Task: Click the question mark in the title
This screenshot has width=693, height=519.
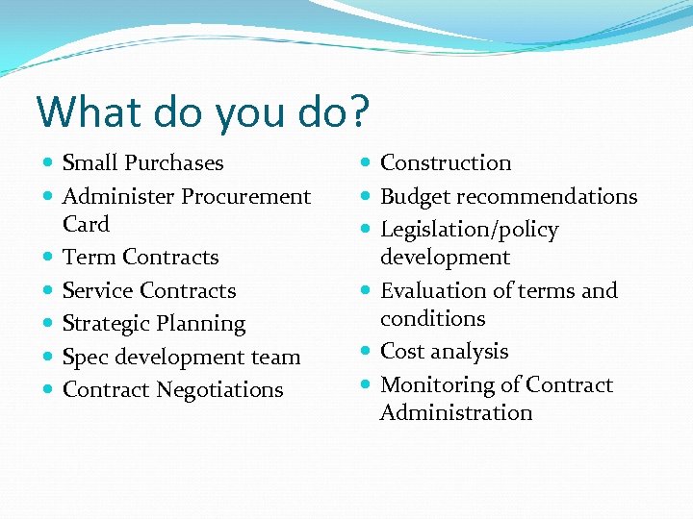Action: [357, 111]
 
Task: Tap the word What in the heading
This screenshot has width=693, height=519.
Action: [83, 111]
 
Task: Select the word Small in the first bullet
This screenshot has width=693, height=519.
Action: [90, 163]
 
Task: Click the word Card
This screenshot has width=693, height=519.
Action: [86, 224]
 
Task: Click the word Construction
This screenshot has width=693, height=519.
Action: [446, 163]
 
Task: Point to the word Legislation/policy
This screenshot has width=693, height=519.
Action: [469, 230]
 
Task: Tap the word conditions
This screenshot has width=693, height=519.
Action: [432, 318]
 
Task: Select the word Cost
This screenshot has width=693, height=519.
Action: [402, 352]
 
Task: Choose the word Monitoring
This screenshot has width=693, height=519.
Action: [428, 384]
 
